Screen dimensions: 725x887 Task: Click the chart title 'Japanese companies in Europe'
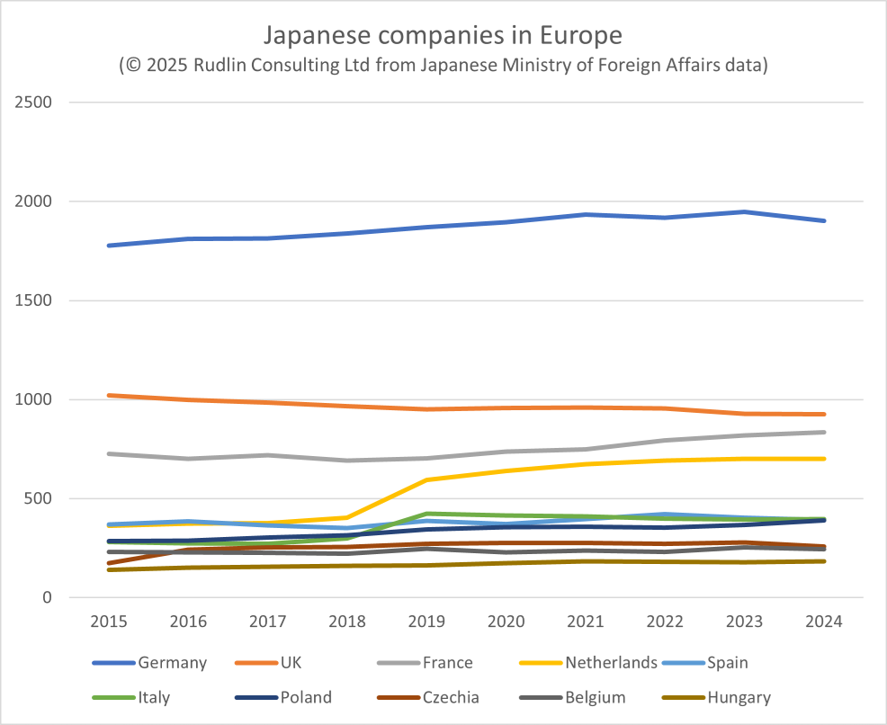click(442, 36)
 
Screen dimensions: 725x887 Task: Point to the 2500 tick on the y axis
click(34, 103)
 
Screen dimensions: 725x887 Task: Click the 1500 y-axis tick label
click(34, 300)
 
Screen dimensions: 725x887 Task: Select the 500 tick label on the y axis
click(39, 498)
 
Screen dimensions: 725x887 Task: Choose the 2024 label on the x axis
click(824, 622)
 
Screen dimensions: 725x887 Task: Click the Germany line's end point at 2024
click(824, 220)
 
